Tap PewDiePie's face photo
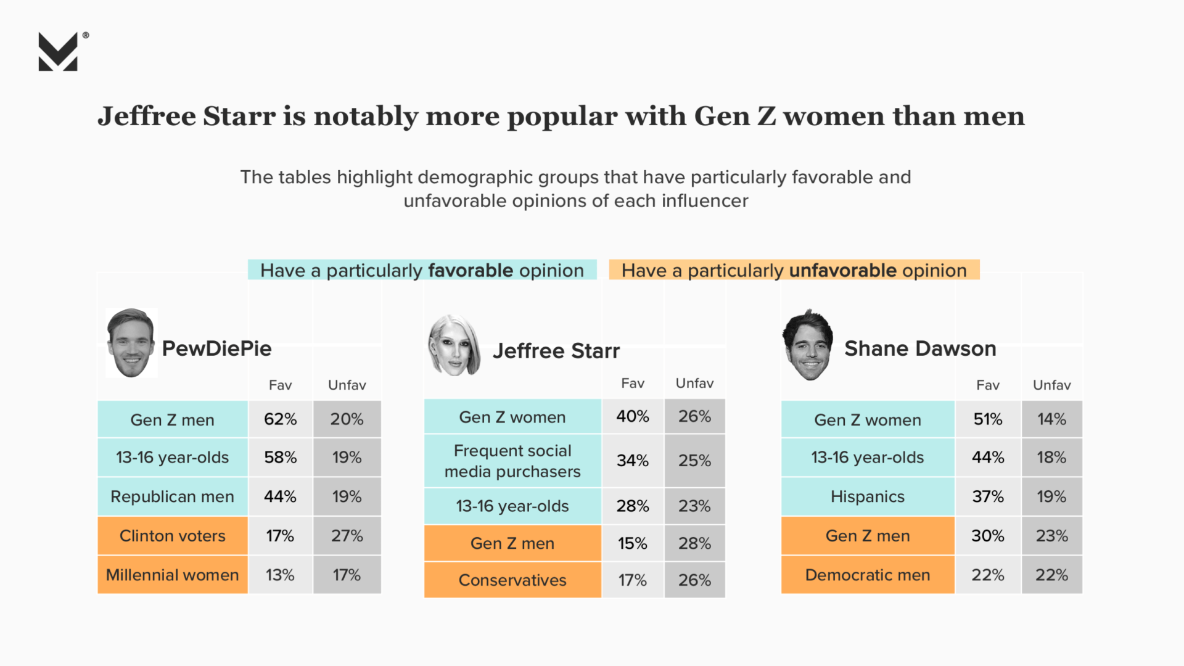pos(131,343)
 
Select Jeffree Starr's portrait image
pos(454,345)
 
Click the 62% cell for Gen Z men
pos(280,419)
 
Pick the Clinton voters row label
pos(172,536)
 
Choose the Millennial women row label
pos(172,575)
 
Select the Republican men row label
pos(172,496)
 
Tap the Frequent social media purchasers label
pos(512,461)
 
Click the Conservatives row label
pos(512,580)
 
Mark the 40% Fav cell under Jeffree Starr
pos(633,417)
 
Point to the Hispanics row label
pos(867,496)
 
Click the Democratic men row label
pos(867,575)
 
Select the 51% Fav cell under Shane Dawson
pos(987,419)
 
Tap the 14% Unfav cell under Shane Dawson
pos(1051,419)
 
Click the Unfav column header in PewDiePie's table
pos(347,385)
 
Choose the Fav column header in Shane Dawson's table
pos(987,385)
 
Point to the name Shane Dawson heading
pos(920,348)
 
